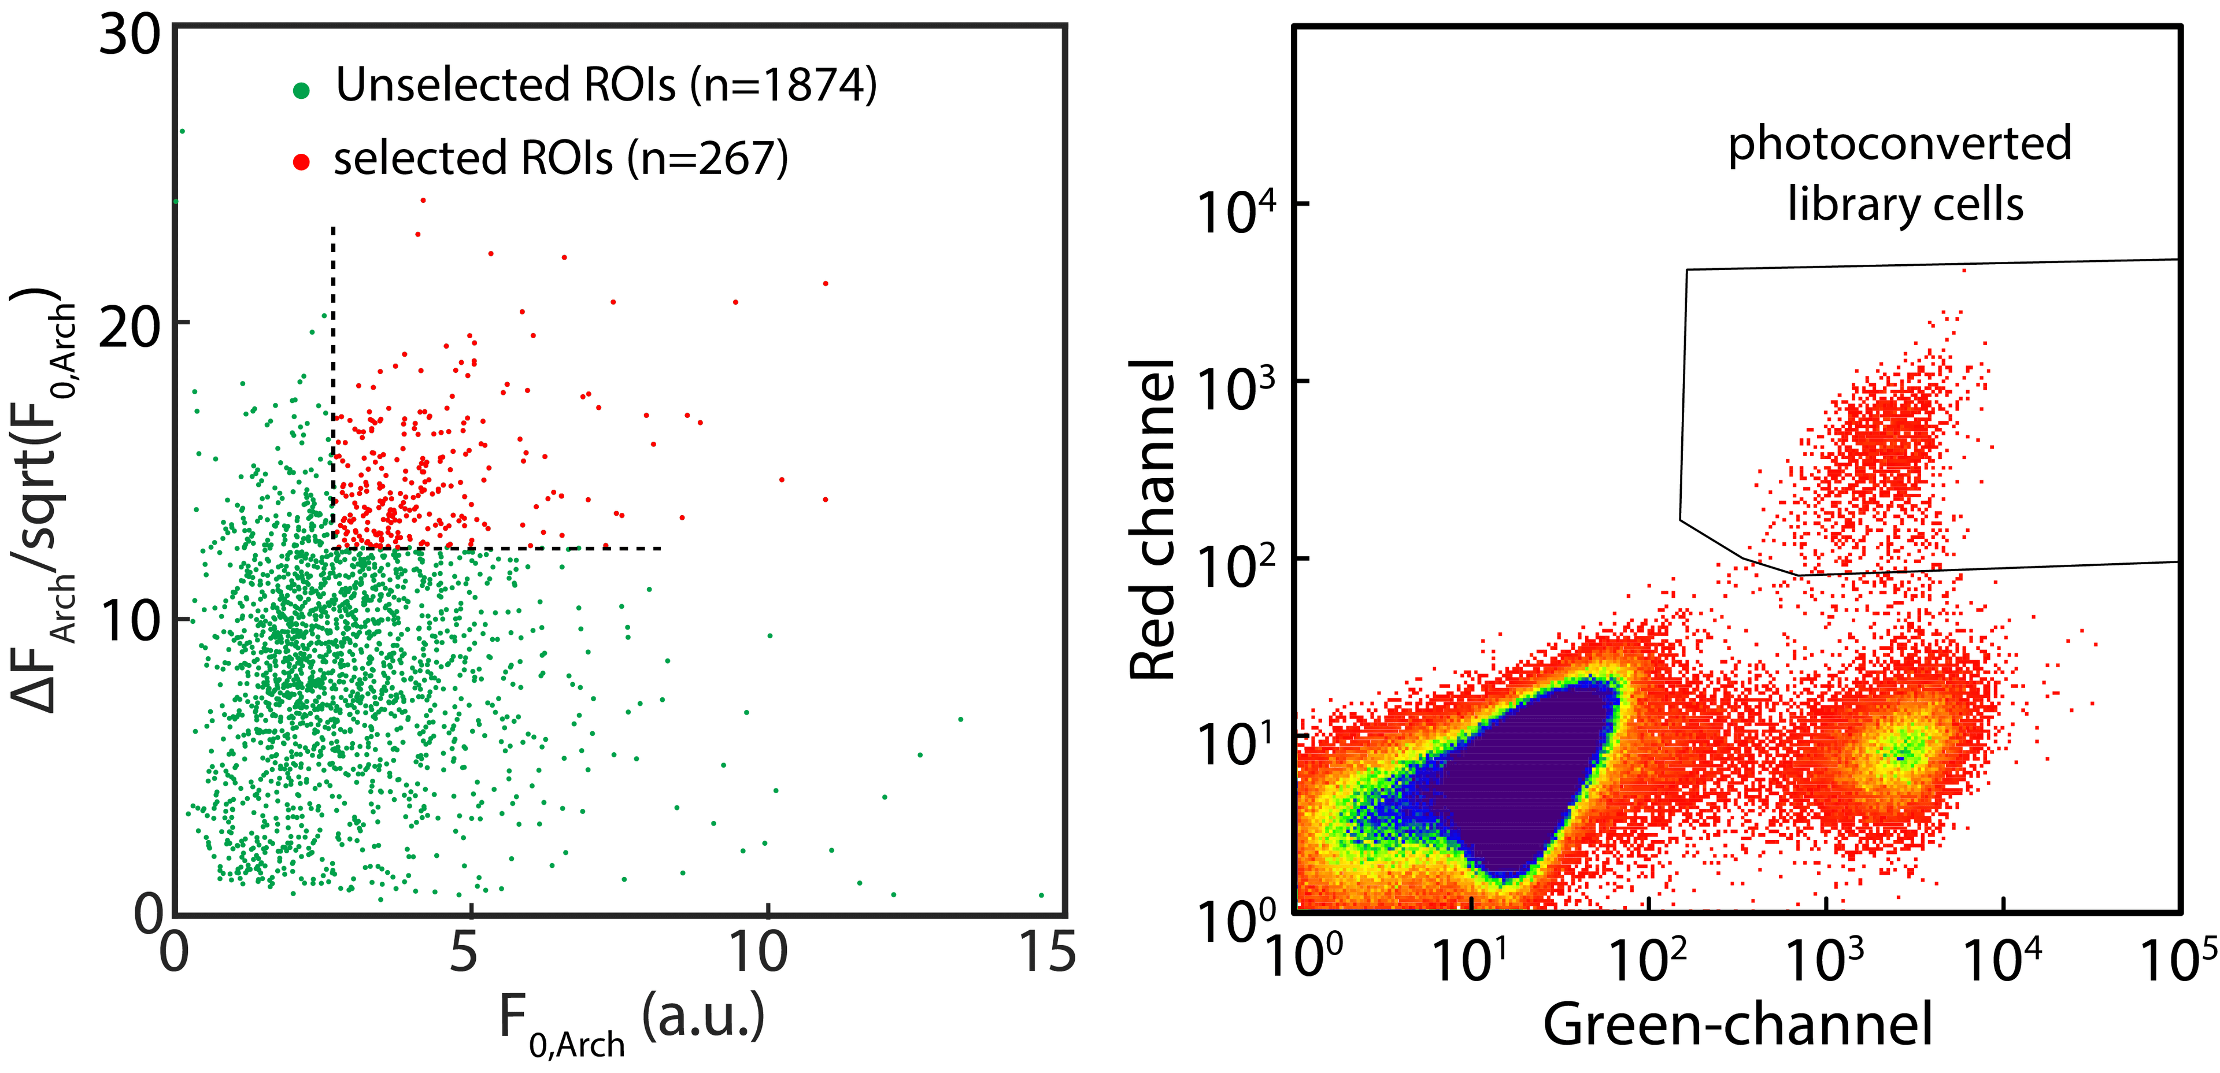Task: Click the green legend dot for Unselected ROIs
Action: click(301, 90)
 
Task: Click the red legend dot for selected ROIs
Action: click(301, 161)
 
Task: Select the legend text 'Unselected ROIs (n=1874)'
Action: click(606, 84)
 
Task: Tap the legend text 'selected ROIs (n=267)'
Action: click(561, 158)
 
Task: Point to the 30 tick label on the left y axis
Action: click(130, 36)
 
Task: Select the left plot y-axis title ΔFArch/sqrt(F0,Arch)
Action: click(43, 500)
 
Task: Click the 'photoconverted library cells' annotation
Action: click(1901, 173)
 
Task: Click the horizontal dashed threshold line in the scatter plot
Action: click(500, 548)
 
